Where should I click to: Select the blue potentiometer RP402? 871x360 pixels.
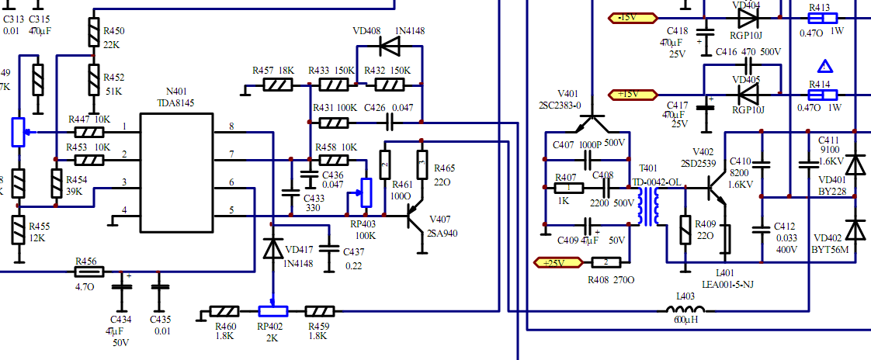272,311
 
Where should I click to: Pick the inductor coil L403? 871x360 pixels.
686,312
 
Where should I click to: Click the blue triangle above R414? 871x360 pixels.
825,67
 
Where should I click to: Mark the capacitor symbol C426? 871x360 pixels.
390,122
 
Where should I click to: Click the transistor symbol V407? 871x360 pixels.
416,220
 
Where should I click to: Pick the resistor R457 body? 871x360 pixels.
277,85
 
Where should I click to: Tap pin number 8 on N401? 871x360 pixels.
231,126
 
